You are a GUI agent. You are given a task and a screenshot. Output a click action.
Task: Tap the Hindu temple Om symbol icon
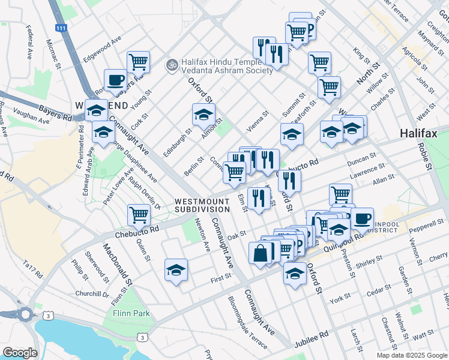coord(172,62)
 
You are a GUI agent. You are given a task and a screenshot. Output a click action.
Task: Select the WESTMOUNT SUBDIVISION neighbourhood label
coord(202,205)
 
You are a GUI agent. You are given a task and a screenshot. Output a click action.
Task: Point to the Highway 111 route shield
coord(60,28)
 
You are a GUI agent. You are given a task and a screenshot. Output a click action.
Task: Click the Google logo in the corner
coord(20,353)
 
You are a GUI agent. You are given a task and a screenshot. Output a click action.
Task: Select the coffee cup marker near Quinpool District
coord(362,218)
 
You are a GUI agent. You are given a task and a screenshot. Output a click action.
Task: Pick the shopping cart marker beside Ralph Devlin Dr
coord(139,214)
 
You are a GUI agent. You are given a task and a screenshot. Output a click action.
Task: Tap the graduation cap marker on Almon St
coord(203,113)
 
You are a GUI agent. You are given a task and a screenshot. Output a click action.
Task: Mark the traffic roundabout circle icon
coord(25,314)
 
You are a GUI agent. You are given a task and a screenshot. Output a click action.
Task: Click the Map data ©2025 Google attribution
coord(411,355)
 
